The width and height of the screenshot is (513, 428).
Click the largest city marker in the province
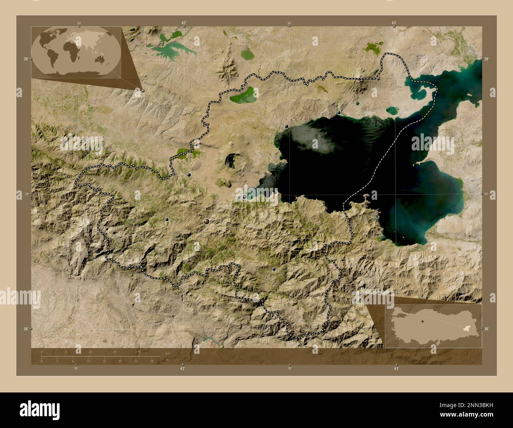coord(206,222)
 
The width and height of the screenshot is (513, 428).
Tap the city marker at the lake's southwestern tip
coord(245,197)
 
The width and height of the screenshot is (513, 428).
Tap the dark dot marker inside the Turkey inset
coord(422,321)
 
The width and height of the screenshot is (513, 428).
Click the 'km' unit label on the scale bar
coord(167,353)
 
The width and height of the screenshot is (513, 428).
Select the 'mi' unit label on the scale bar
coord(167,360)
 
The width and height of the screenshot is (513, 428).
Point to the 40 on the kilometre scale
coord(139,352)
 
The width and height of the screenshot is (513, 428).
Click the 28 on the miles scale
coord(152,361)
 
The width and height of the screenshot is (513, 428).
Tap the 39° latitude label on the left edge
coord(25,59)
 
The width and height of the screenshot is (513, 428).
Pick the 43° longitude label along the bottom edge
coord(396,368)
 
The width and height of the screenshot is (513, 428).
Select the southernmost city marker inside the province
coord(274,269)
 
